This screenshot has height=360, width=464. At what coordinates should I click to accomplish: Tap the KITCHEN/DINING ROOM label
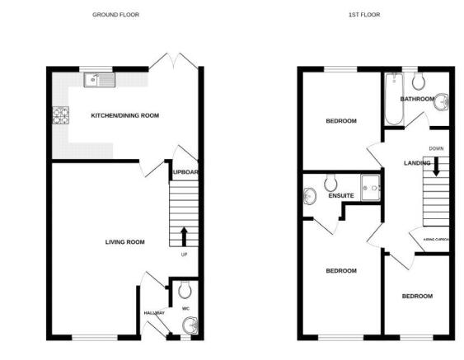[124, 115]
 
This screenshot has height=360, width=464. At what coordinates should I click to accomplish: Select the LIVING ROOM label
[124, 242]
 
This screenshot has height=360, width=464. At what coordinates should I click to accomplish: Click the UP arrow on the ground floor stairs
[182, 236]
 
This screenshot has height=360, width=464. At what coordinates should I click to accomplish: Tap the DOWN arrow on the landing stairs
[436, 165]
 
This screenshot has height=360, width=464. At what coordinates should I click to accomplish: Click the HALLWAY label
[154, 313]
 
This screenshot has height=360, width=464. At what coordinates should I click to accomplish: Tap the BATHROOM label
[417, 99]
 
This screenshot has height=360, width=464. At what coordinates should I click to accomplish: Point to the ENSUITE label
[341, 196]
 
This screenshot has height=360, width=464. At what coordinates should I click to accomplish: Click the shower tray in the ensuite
[372, 187]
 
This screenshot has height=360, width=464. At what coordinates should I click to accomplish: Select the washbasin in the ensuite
[310, 196]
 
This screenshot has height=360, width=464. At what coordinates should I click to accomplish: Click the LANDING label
[417, 163]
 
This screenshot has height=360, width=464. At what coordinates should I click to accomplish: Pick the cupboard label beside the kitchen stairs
[186, 172]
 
